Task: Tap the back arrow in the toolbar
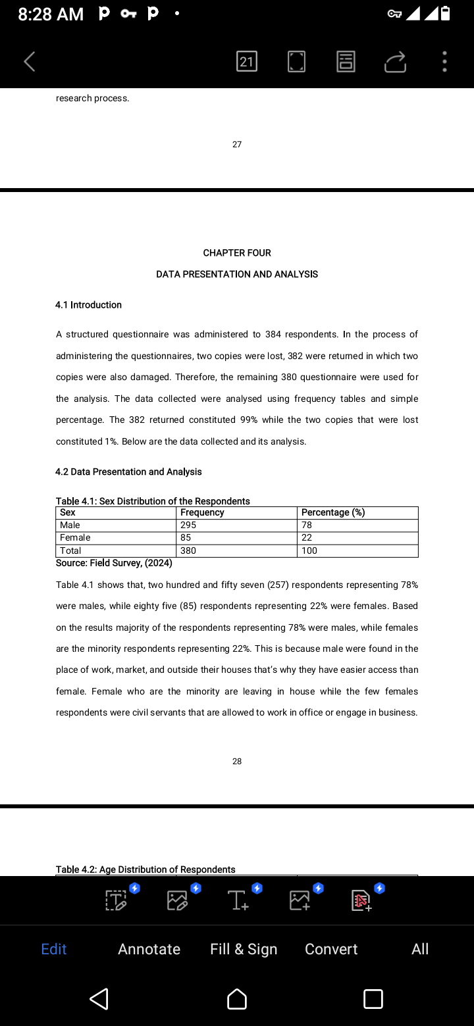pos(30,62)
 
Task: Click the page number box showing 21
pos(246,62)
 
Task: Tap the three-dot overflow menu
pos(445,62)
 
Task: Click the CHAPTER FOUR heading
pos(237,253)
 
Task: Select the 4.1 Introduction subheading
pos(88,305)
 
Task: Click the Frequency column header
pos(202,513)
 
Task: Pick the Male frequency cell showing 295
pos(188,525)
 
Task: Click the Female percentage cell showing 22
pos(307,538)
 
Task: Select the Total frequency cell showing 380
pos(188,551)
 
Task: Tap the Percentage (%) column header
pos(333,513)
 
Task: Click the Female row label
pos(75,538)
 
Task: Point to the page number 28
pos(237,762)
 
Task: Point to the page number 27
pos(237,144)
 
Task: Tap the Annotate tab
pos(149,949)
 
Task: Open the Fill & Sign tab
pos(244,949)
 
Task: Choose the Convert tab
pos(331,949)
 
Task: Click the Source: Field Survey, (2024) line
pos(114,563)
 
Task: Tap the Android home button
pos(237,999)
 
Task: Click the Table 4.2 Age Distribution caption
pos(145,869)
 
